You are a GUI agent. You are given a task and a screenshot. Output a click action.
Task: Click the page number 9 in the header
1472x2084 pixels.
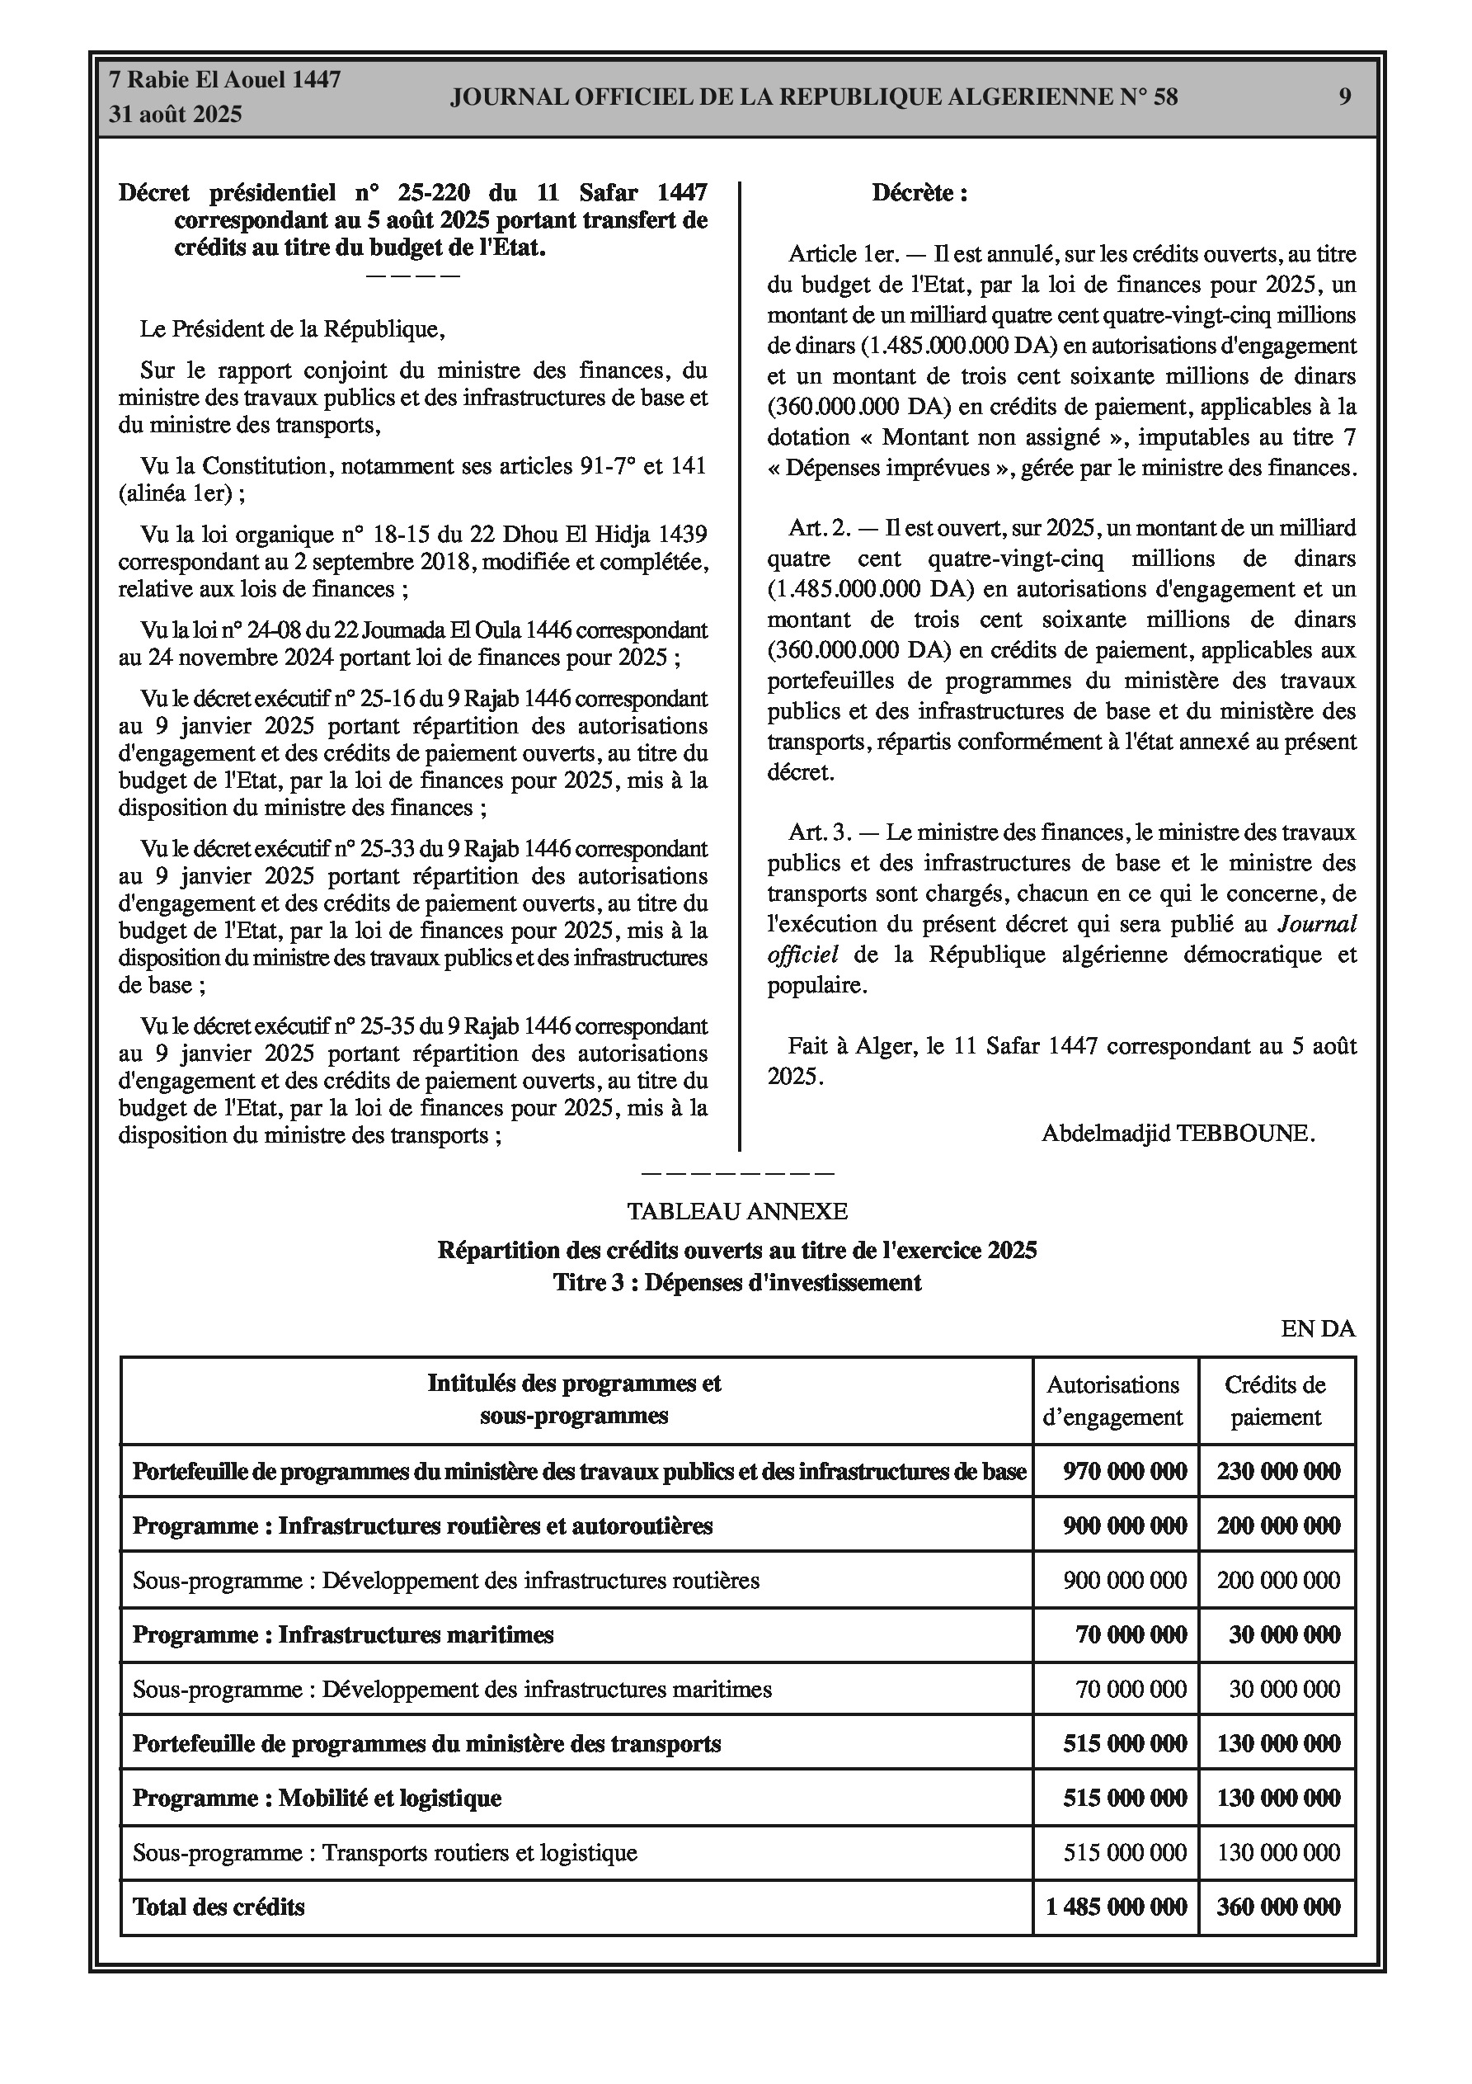(x=1344, y=97)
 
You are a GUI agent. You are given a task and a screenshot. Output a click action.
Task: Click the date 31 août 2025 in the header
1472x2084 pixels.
(x=175, y=115)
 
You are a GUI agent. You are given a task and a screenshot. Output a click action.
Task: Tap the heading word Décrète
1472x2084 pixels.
(x=918, y=193)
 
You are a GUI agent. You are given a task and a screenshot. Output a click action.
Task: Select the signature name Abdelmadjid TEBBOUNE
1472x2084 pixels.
(x=1177, y=1134)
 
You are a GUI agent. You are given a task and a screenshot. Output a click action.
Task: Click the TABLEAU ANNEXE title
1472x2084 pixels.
(x=737, y=1212)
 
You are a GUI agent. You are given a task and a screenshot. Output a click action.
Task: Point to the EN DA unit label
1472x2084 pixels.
(x=1318, y=1329)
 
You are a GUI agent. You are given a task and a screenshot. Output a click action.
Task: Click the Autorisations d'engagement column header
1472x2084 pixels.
(x=1113, y=1401)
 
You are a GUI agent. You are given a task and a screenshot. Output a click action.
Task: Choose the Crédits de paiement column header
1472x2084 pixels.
(x=1275, y=1401)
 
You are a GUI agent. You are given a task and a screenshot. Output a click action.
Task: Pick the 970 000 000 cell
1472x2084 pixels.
(x=1125, y=1471)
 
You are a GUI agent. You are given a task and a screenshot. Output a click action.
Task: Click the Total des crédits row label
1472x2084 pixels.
(x=219, y=1907)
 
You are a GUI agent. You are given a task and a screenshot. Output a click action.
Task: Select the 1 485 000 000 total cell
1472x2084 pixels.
(x=1116, y=1907)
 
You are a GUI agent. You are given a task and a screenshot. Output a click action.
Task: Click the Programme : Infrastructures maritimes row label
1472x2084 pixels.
(x=343, y=1634)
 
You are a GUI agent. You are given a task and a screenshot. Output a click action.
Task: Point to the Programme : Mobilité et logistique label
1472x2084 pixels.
(x=317, y=1798)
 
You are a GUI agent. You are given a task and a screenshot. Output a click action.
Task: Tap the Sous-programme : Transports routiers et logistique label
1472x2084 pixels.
(x=385, y=1852)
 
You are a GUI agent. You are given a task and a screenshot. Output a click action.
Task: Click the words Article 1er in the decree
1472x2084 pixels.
(x=831, y=254)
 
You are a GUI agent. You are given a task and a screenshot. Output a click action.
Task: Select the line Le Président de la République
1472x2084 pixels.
(x=292, y=329)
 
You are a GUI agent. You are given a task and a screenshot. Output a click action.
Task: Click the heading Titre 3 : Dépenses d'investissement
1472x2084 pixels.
(x=737, y=1283)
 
